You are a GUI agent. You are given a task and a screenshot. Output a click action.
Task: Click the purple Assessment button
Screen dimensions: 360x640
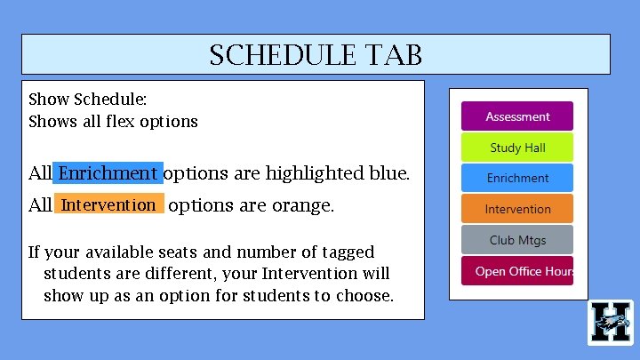tap(516, 116)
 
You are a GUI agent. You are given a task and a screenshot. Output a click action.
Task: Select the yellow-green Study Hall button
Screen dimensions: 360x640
tap(516, 148)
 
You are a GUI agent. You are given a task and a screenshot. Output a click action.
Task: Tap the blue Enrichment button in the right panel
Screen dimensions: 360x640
tap(516, 178)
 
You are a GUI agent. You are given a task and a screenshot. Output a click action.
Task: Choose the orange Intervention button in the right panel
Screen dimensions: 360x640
tap(516, 209)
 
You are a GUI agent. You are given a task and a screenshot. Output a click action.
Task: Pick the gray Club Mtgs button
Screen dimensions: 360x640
tap(516, 240)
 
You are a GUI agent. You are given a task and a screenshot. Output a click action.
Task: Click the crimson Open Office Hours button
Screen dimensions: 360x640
tap(516, 271)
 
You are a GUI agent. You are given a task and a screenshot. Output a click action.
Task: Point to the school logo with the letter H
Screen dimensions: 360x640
tap(611, 322)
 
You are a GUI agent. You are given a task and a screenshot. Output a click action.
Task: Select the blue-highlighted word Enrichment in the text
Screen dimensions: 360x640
tap(108, 172)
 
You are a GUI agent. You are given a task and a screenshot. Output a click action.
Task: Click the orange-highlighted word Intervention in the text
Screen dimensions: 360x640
tap(108, 205)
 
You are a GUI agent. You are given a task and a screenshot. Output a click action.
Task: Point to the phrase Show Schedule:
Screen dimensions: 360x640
tap(87, 100)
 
